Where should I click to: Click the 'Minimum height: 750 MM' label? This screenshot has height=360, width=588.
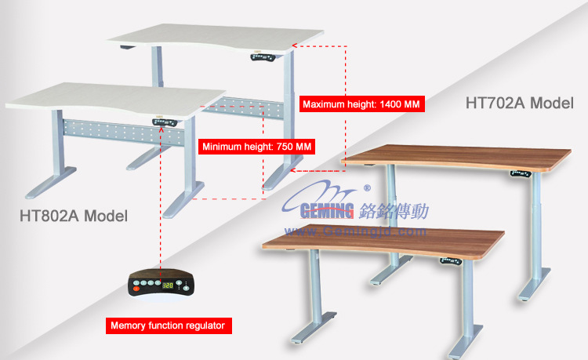[x=257, y=147]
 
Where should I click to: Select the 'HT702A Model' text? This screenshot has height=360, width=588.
[x=518, y=103]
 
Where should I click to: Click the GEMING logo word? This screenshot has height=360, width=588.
[x=328, y=209]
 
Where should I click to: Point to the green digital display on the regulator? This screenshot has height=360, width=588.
[x=167, y=285]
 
